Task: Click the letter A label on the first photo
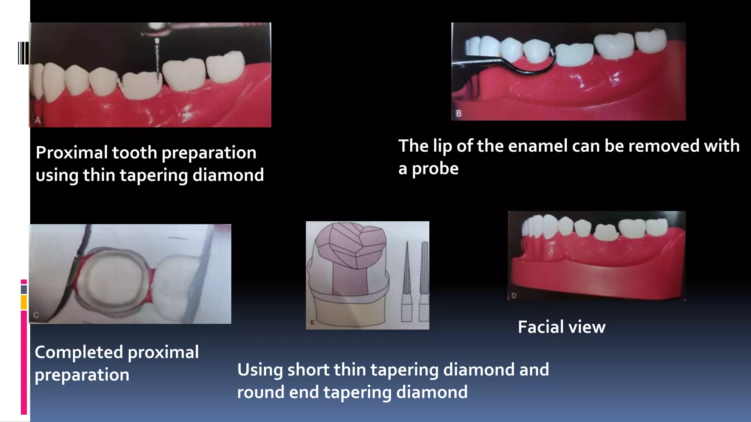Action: [x=38, y=120]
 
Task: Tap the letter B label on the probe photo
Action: [x=458, y=114]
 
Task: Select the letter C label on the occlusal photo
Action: [x=36, y=315]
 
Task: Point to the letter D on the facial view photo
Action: [x=514, y=295]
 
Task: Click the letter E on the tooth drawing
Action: [x=312, y=322]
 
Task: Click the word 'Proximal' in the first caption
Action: [x=72, y=153]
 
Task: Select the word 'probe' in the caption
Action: [x=435, y=169]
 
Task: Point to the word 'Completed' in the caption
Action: [x=79, y=352]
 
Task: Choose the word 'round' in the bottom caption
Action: [x=261, y=392]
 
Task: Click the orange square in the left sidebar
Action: [x=24, y=302]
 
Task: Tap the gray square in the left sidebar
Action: [x=24, y=289]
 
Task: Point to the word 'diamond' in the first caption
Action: [x=228, y=175]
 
